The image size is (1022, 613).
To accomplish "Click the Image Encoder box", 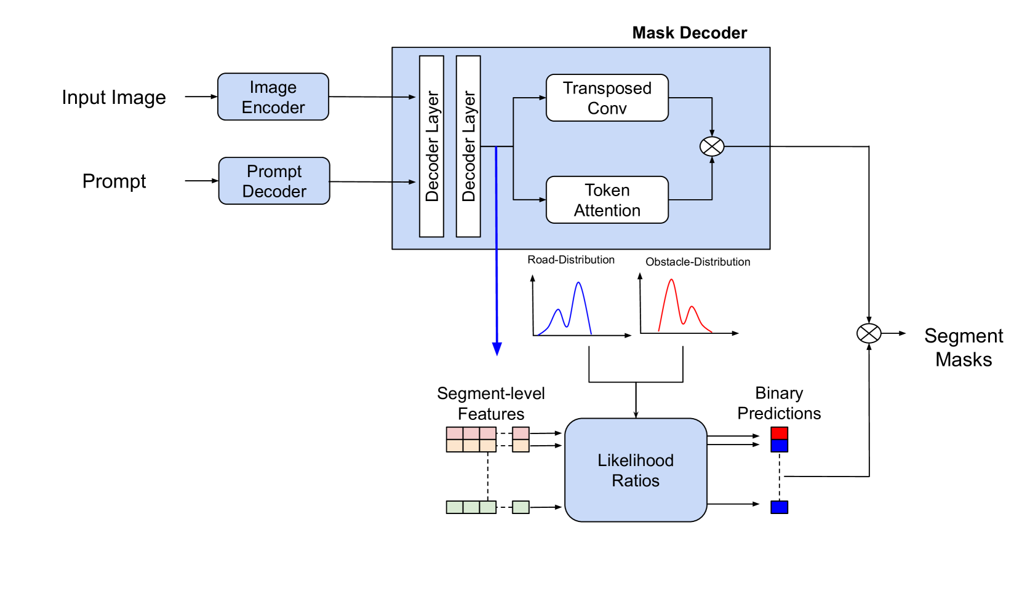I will click(273, 97).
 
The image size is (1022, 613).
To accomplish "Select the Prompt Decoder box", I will click(274, 181).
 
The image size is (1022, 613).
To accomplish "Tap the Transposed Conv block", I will click(607, 98).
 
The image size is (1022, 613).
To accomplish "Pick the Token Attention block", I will click(607, 200).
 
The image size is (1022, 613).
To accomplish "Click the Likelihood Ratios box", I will click(636, 470).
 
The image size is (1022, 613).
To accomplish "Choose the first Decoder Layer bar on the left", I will click(431, 146).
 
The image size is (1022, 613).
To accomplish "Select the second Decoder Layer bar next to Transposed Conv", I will click(468, 146).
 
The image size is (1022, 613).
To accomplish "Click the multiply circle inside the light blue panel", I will click(712, 146).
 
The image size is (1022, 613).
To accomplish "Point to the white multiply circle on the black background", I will click(869, 333).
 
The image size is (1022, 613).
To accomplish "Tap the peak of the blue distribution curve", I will click(578, 283).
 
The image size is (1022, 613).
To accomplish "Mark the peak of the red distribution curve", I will click(671, 280).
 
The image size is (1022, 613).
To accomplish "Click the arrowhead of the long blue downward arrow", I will click(497, 350).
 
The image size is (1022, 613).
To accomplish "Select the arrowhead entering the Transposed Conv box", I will click(543, 98).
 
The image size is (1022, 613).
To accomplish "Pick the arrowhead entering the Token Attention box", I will click(543, 200).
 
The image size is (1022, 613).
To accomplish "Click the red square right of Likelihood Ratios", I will click(780, 433).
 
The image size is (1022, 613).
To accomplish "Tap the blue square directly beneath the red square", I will click(780, 446).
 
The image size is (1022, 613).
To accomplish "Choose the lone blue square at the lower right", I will click(780, 507).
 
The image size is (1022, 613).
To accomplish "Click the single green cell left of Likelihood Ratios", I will click(521, 507).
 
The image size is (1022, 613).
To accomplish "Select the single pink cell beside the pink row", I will click(521, 433).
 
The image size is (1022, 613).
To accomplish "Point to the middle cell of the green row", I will click(471, 507).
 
